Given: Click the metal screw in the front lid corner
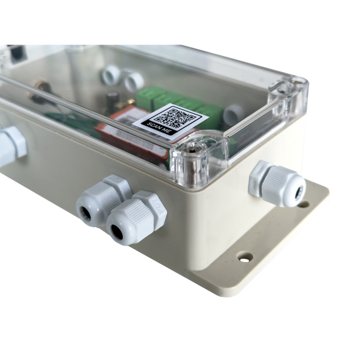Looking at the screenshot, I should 192,158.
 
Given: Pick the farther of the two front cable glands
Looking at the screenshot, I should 102,199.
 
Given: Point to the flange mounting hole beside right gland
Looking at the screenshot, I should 303,204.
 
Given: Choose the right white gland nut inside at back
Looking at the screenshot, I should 132,80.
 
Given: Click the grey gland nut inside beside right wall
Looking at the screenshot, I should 233,114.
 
